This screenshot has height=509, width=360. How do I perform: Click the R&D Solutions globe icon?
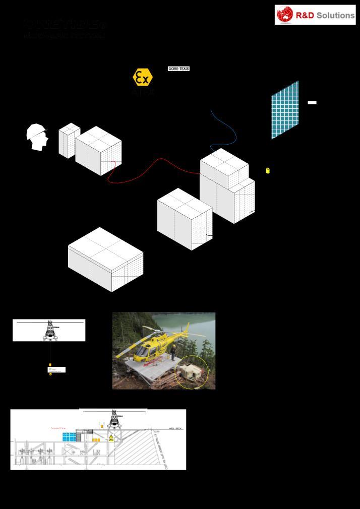(285, 15)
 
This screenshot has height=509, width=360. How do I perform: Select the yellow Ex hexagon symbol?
(142, 77)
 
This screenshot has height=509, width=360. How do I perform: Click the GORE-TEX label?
(178, 69)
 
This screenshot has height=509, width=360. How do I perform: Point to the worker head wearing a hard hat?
(37, 137)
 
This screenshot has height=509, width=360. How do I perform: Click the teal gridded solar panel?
(285, 110)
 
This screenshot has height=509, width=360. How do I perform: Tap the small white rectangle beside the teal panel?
(312, 102)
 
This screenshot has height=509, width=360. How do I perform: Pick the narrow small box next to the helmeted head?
(69, 140)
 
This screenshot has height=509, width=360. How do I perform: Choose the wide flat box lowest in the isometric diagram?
(105, 259)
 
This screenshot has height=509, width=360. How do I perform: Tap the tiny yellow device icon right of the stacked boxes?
(268, 171)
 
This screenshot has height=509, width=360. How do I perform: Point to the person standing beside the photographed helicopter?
(173, 351)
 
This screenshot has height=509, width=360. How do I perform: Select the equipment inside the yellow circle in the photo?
(192, 372)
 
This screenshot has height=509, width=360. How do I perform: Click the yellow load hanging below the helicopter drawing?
(50, 365)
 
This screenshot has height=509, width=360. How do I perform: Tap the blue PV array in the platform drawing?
(69, 437)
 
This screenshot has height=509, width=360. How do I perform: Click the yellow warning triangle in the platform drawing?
(111, 437)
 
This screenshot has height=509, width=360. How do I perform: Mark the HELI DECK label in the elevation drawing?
(176, 428)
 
